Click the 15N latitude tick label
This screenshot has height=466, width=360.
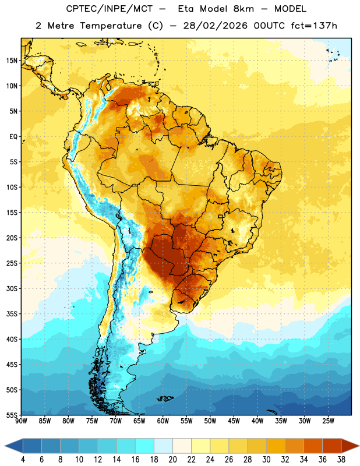[x=12, y=61]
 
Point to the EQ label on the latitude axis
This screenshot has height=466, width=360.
[x=13, y=137]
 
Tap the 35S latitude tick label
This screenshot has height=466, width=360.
[x=12, y=314]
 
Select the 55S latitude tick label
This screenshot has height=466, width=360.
[x=12, y=415]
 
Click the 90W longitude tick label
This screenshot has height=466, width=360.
[x=21, y=421]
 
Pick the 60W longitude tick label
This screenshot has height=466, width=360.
[x=163, y=421]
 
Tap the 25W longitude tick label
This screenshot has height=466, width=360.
[x=328, y=421]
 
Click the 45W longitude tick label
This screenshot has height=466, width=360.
[x=234, y=421]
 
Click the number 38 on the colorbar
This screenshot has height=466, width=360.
[x=341, y=460]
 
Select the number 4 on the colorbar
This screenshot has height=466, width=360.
[x=23, y=460]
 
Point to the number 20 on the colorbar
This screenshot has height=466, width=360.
[x=172, y=460]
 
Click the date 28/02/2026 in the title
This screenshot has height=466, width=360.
[x=215, y=26]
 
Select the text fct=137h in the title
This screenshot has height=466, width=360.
[x=314, y=26]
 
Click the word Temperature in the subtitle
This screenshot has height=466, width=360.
[x=111, y=26]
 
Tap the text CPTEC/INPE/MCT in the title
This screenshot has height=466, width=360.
[x=109, y=9]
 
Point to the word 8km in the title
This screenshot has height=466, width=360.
[x=243, y=9]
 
